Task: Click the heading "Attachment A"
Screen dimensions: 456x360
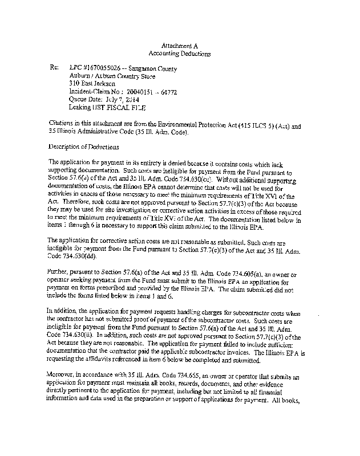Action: pos(179,44)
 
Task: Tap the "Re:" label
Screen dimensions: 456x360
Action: pos(55,68)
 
